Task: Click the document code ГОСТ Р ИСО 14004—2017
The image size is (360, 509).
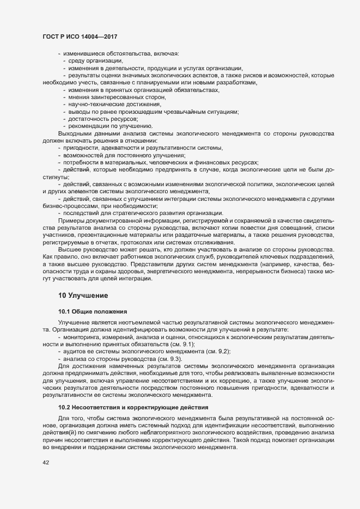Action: (x=80, y=36)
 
